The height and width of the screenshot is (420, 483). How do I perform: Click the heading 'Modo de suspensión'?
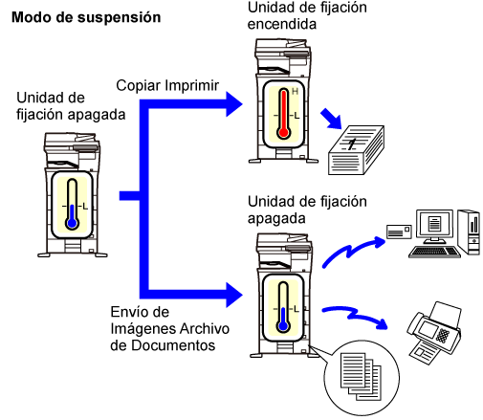86,17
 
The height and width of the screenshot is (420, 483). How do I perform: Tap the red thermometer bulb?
283,132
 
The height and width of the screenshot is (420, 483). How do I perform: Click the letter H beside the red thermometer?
295,92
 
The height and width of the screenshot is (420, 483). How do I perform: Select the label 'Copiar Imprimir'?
167,85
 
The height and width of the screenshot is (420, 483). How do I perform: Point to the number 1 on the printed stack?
352,144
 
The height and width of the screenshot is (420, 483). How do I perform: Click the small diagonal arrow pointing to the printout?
331,119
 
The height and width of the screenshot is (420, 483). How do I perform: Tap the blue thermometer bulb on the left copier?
73,223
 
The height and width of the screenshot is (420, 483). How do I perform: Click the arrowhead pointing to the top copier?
234,104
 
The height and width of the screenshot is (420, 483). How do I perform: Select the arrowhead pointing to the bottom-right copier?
234,295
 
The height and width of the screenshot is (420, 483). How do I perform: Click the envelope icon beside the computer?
399,232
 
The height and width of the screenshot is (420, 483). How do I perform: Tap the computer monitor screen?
434,223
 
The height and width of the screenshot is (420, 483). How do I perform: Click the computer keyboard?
434,253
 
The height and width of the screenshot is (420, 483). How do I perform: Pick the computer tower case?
469,232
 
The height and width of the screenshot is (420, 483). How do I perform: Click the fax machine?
434,333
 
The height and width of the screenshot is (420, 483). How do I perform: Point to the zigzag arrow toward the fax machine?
354,316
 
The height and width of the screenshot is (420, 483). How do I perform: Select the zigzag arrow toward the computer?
351,252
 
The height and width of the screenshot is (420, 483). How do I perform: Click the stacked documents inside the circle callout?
361,376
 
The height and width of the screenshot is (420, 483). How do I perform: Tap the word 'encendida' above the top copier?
282,24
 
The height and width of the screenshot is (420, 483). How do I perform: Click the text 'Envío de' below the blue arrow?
140,312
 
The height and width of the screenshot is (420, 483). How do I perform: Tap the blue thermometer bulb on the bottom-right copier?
283,326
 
